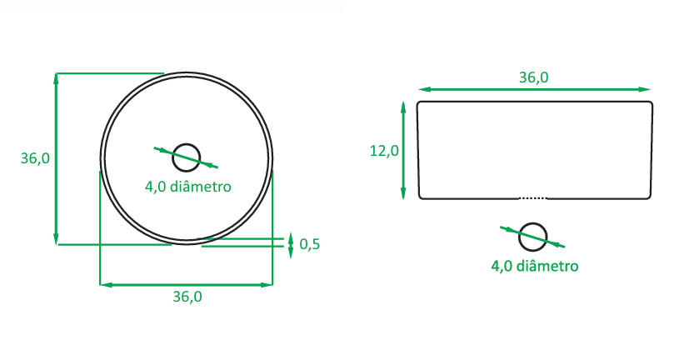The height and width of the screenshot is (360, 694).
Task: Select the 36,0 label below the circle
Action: pos(187,296)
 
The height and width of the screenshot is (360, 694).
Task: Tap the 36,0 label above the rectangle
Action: pos(533,77)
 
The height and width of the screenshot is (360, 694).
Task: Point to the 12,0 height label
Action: pos(384,151)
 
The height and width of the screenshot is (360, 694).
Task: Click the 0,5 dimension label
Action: pos(310,244)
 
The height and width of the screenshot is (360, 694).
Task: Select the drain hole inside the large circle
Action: pos(187,157)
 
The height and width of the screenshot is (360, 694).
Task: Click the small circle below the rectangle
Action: pos(533,237)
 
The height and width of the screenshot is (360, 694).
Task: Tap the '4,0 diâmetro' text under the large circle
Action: pos(187,187)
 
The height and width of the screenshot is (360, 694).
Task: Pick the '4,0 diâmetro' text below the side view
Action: pos(534,267)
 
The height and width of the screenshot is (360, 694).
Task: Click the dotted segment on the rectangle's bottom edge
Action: pos(533,198)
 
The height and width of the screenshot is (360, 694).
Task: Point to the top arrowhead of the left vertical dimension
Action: pos(56,77)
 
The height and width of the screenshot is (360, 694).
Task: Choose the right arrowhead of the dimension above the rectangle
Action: pos(646,89)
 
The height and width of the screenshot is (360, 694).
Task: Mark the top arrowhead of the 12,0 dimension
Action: pos(403,106)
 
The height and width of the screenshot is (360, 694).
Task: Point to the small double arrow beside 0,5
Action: pos(290,243)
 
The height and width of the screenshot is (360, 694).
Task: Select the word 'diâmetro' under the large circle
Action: pos(200,187)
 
